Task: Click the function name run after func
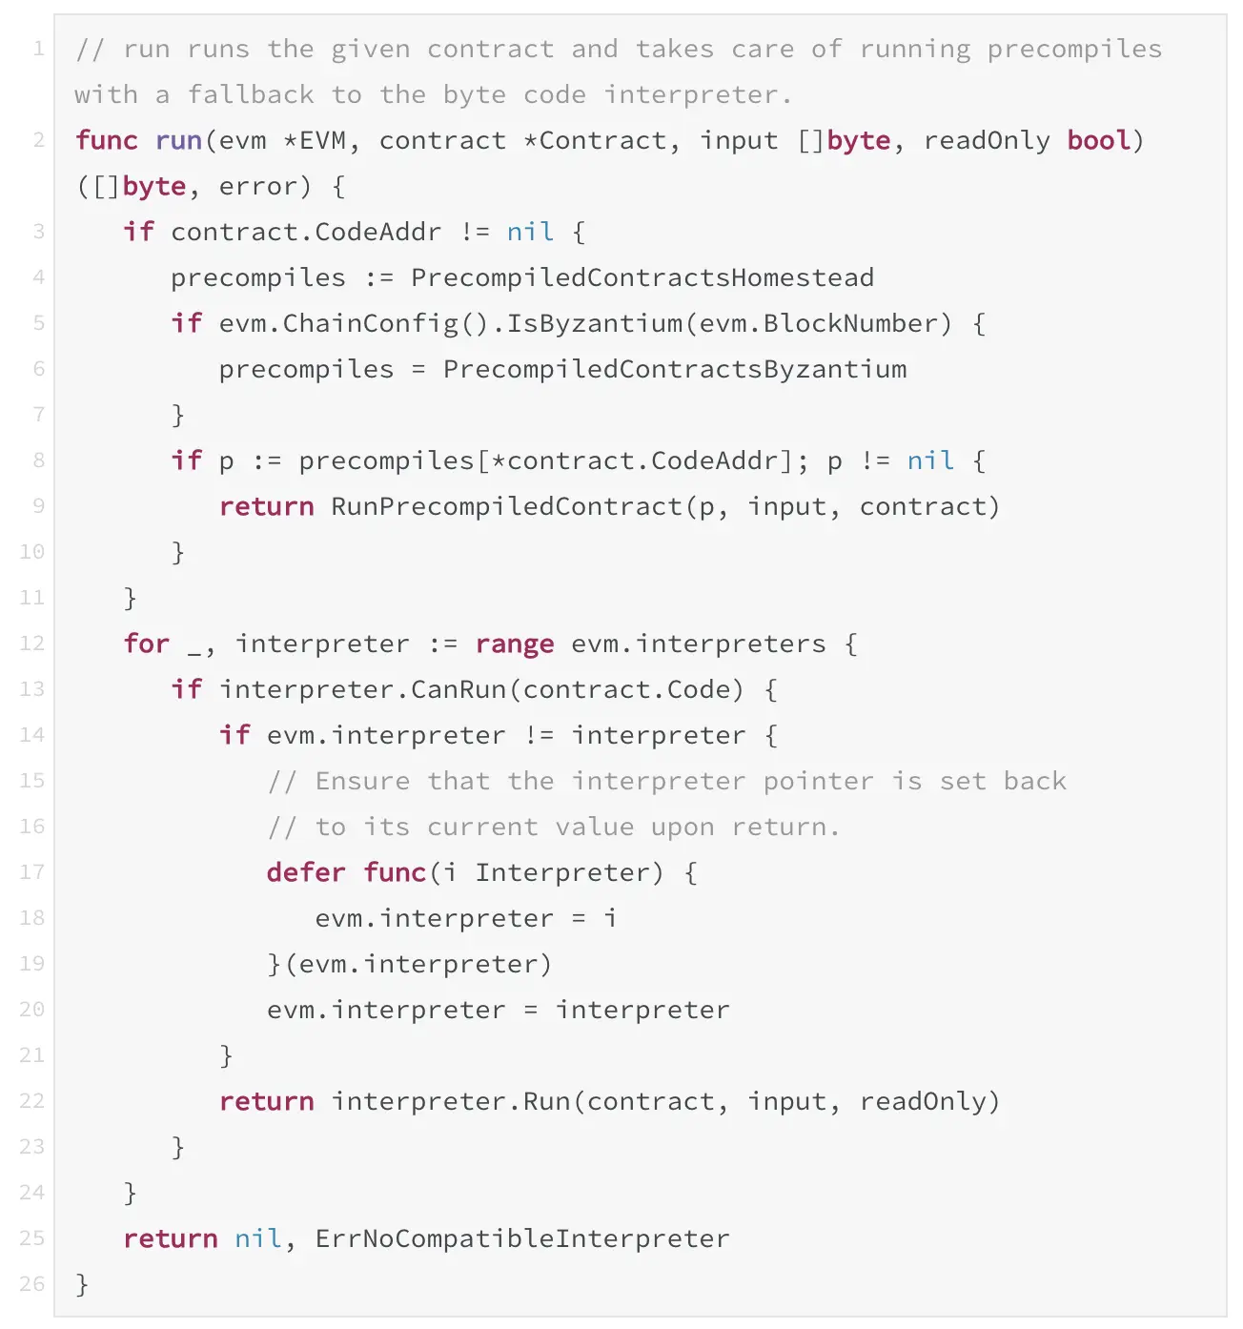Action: coord(178,140)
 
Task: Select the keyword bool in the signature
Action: coord(1098,140)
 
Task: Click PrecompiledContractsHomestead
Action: coord(642,277)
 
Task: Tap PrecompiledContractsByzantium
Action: coord(674,369)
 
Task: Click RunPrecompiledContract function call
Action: coord(505,506)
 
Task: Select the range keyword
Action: coord(514,644)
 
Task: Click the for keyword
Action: coord(146,644)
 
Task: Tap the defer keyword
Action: coord(306,872)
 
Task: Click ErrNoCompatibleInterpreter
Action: coord(521,1238)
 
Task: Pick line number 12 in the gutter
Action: coord(32,644)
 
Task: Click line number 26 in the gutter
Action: coord(32,1284)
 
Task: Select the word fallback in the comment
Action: coord(250,94)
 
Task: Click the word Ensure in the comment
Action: coord(362,781)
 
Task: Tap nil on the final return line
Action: coord(257,1238)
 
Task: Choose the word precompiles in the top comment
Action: coord(1073,49)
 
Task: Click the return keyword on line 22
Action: coord(266,1101)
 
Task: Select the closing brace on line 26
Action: coord(82,1284)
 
